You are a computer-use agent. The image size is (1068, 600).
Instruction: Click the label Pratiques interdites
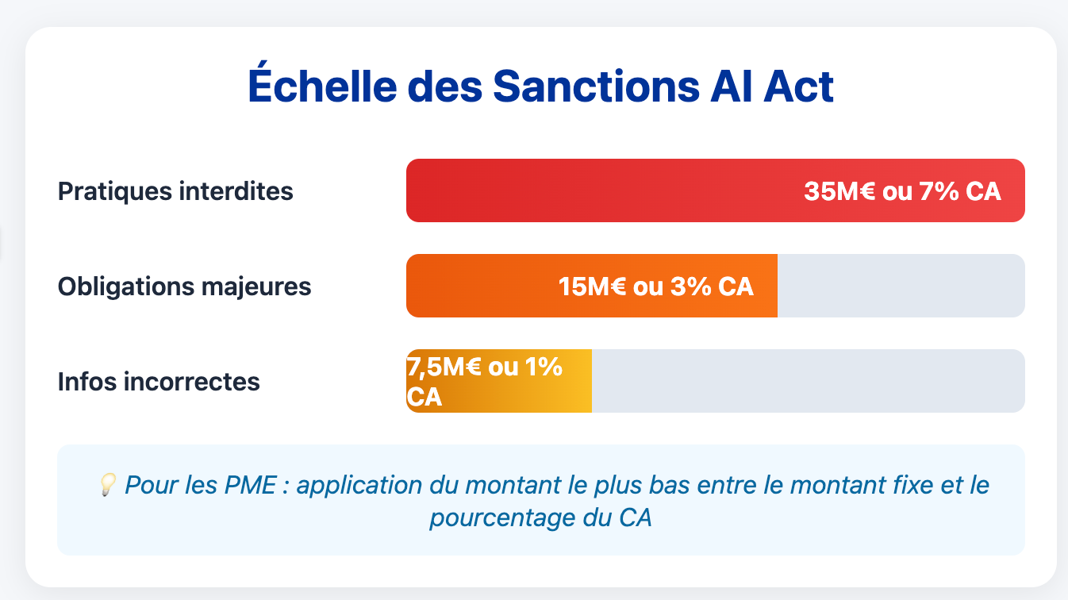(x=175, y=191)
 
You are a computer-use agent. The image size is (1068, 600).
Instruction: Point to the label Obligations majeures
(x=184, y=287)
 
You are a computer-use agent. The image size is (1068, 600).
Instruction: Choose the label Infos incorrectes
(x=159, y=382)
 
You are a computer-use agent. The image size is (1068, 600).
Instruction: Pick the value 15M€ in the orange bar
(x=592, y=287)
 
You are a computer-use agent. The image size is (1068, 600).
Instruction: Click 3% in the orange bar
(x=690, y=287)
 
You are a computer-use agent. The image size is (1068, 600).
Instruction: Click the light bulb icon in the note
(x=109, y=483)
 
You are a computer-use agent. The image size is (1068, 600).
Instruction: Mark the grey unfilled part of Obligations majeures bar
(x=901, y=286)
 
